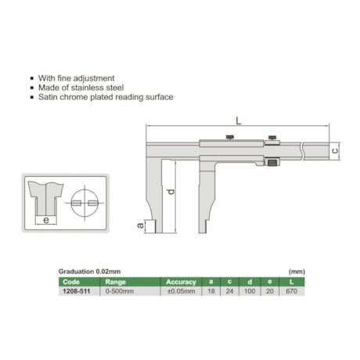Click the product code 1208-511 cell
coord(76,291)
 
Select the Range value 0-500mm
coord(120,291)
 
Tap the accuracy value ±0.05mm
coord(181,291)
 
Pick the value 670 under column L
coord(291,291)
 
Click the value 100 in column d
coord(250,291)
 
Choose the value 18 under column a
coord(211,291)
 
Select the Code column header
coord(71,282)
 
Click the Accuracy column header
coord(181,282)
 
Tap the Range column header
coord(115,282)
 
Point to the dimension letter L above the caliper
coord(239,121)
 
